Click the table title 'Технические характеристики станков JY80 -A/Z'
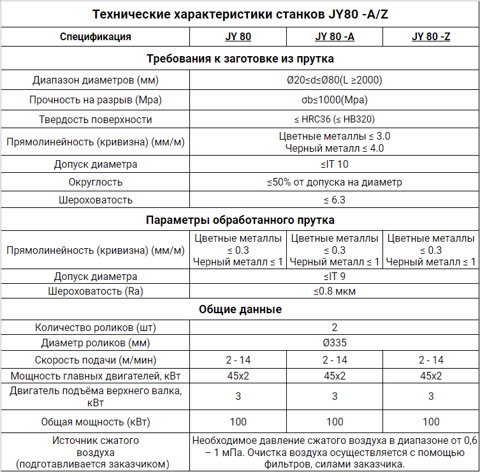240,14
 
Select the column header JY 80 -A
335,36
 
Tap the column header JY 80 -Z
431,36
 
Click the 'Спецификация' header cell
96,36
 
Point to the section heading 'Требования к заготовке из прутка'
240,59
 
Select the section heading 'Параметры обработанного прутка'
240,221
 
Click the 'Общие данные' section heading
240,309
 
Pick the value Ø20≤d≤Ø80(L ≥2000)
335,80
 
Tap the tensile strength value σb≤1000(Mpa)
335,100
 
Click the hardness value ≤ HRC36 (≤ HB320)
335,119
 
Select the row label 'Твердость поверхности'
96,119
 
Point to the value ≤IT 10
335,164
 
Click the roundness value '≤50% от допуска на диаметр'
335,182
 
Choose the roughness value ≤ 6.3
335,200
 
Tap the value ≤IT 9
335,277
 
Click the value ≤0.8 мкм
335,291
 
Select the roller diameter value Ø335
335,343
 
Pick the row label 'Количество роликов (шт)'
96,328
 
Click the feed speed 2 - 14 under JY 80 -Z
431,360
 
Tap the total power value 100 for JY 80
238,421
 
